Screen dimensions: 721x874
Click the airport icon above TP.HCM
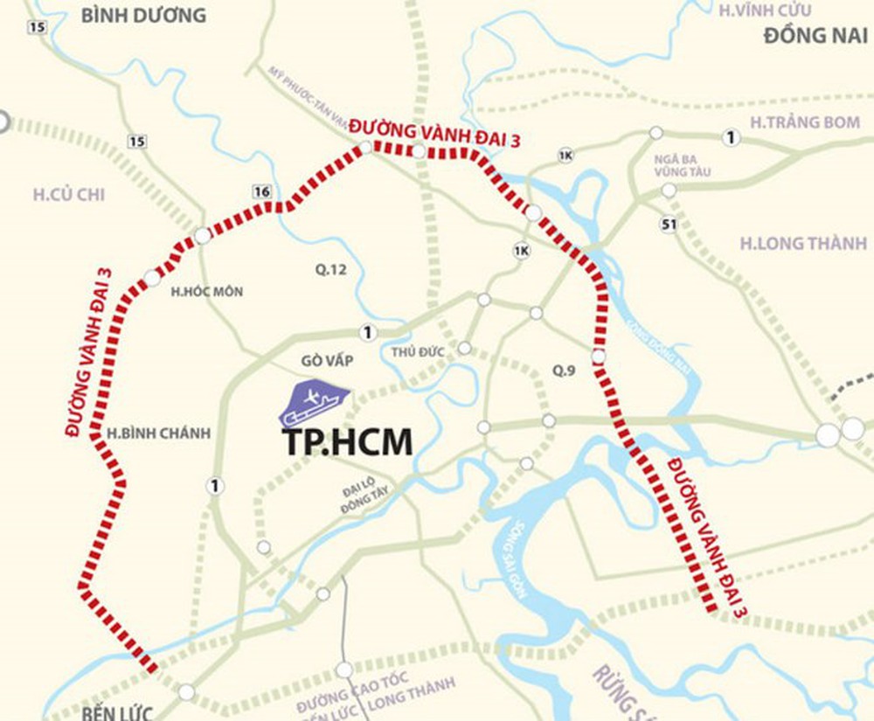click(315, 404)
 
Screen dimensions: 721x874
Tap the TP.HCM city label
click(346, 443)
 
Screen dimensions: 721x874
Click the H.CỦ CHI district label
click(69, 194)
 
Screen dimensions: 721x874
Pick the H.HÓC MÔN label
click(207, 292)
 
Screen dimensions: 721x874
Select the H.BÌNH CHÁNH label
click(146, 433)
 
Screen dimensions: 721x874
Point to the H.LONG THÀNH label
click(803, 244)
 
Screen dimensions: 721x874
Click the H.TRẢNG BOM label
click(805, 122)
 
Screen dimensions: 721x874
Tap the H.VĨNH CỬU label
click(764, 10)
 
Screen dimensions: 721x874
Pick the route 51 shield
click(669, 225)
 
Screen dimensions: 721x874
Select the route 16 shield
click(260, 192)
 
